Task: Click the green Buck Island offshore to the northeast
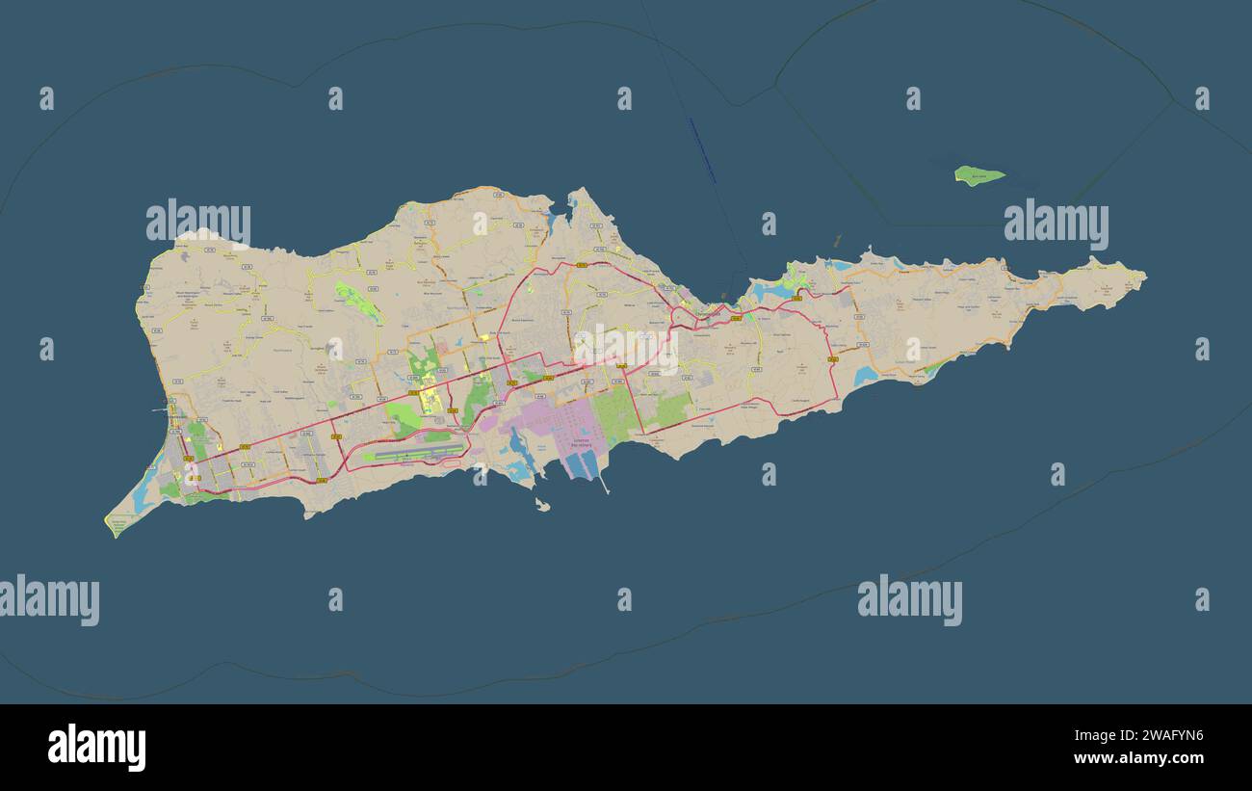[x=978, y=175]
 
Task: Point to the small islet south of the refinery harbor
[x=542, y=504]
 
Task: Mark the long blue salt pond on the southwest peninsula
[x=143, y=494]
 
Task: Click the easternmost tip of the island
[x=1144, y=277]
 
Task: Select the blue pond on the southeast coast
[x=864, y=376]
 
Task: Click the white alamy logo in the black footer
[x=96, y=748]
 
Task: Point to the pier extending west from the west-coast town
[x=159, y=410]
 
